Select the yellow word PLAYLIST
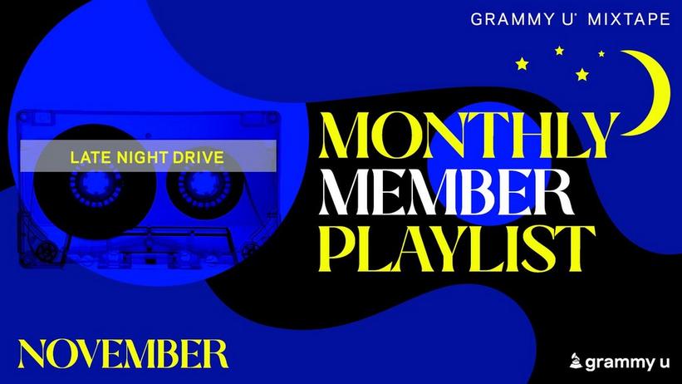[457, 249]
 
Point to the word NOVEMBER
[123, 353]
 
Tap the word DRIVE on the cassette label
[199, 157]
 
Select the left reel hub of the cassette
[96, 184]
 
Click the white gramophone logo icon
[576, 361]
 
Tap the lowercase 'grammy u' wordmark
[627, 362]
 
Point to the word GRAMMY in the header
[513, 19]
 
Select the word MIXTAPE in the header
[629, 19]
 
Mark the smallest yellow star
[601, 53]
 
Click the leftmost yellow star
[522, 64]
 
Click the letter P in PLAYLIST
[337, 249]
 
